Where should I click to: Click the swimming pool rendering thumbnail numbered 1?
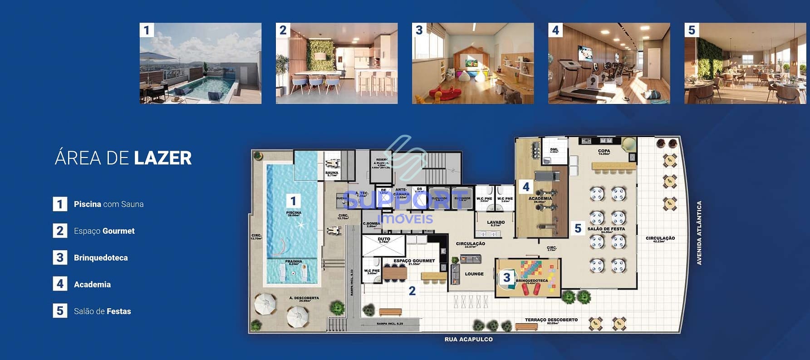(200, 63)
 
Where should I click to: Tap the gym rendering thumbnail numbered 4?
(609, 63)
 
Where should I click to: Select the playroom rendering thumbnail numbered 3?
(472, 63)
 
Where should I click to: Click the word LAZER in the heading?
(162, 158)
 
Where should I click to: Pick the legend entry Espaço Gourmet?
(104, 231)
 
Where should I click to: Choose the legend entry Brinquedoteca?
(101, 258)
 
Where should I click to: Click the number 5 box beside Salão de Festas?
(60, 311)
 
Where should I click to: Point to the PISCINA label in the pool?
(294, 212)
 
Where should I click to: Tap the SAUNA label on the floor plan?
(332, 173)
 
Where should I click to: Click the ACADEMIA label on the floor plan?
(540, 198)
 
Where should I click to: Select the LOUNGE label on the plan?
(474, 274)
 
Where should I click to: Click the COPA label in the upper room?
(604, 151)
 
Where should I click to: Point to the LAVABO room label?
(496, 222)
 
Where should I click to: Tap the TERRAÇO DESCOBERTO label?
(551, 320)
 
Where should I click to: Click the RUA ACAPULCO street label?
(468, 339)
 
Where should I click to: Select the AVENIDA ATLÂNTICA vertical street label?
(699, 233)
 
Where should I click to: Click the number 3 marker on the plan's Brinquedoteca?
(506, 277)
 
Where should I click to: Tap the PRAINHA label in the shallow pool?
(294, 261)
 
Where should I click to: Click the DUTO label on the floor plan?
(383, 239)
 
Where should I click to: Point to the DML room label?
(554, 149)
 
